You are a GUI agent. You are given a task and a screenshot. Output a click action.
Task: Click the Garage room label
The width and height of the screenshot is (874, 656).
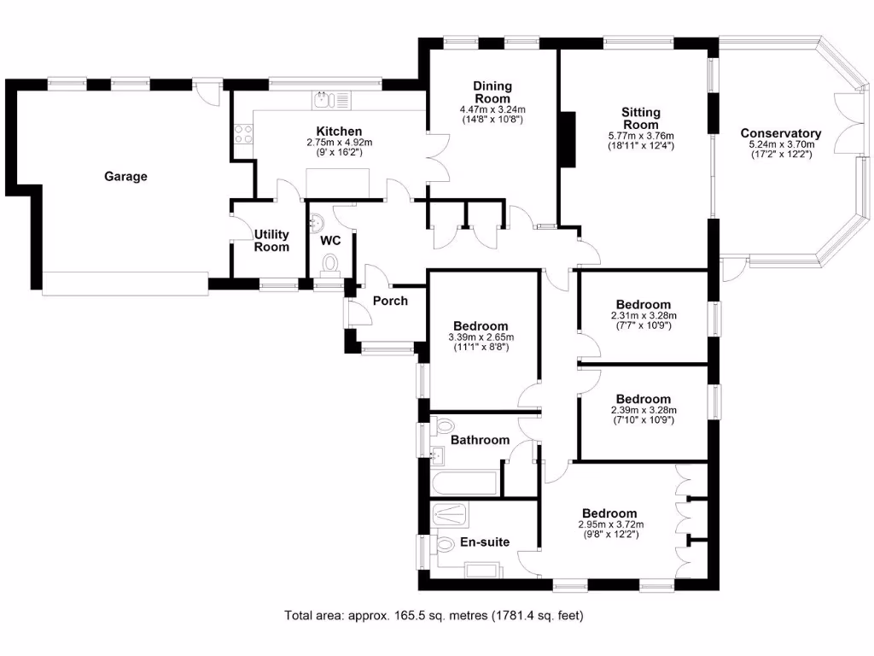point(125,177)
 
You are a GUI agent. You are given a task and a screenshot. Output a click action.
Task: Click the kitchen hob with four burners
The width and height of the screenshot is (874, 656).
point(242,134)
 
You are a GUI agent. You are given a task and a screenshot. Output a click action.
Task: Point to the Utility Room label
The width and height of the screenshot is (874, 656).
point(272,241)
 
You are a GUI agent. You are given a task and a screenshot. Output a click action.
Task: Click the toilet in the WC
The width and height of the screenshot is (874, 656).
point(329,263)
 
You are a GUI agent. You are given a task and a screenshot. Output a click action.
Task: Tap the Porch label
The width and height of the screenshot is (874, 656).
point(390,301)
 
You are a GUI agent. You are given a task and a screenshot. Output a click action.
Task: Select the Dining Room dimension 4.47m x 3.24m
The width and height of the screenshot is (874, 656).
point(492,109)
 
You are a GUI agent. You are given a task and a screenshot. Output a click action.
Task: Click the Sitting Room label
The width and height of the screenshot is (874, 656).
point(640,119)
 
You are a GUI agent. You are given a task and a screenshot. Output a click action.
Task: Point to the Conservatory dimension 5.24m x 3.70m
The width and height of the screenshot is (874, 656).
point(780,145)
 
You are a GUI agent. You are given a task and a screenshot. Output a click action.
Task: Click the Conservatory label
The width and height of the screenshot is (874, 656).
point(780,133)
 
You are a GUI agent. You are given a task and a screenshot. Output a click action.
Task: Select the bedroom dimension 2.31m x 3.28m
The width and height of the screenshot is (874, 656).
point(643,315)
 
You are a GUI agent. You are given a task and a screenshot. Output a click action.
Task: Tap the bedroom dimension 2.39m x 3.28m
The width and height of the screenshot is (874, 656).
point(643,410)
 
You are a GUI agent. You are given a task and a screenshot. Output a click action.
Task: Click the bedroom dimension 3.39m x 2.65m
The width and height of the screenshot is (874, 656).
point(481,337)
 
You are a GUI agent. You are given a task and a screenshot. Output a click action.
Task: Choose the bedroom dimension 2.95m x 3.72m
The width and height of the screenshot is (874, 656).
point(610,524)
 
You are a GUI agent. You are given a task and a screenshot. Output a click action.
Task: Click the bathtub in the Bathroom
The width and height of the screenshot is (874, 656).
point(465,484)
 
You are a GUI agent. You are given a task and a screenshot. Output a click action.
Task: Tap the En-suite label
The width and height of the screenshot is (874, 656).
point(485,541)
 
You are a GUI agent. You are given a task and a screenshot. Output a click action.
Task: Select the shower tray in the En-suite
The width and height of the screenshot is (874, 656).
point(451,514)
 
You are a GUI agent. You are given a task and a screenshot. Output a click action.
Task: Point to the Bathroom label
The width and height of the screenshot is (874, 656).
point(480,440)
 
